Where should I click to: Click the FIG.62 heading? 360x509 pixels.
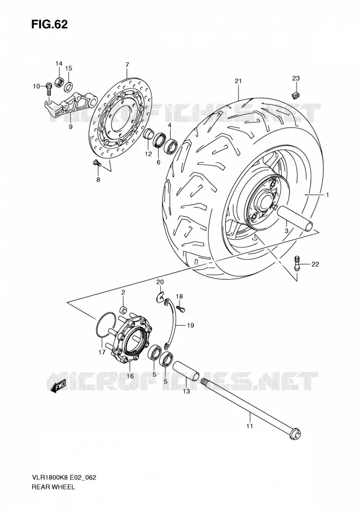49,25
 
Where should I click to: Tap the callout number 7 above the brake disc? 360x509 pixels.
127,65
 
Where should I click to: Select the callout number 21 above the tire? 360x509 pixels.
239,81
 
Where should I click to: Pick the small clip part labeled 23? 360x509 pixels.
295,94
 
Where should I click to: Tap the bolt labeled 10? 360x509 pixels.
49,88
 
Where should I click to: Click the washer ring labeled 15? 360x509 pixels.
68,87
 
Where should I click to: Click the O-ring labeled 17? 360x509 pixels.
106,326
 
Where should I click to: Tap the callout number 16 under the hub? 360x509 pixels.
130,376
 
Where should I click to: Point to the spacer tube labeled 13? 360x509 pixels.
185,371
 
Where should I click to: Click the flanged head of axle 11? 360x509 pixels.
295,433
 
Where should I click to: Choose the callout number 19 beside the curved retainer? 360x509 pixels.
190,325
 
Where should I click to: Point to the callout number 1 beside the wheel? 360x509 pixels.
328,195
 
